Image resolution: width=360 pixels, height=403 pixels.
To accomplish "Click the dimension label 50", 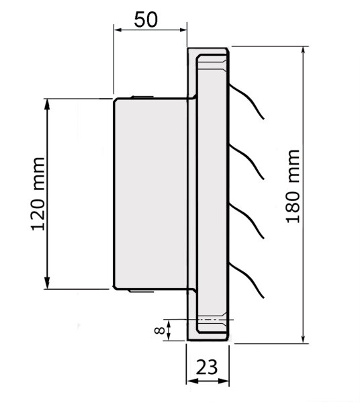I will tap(146, 19).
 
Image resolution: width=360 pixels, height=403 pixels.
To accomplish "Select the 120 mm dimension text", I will tap(38, 194).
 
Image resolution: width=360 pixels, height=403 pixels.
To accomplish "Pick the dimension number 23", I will tap(208, 367).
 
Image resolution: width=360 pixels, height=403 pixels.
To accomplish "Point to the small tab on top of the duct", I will tap(140, 97).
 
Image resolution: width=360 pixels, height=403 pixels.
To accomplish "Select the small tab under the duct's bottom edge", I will tap(140, 292).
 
